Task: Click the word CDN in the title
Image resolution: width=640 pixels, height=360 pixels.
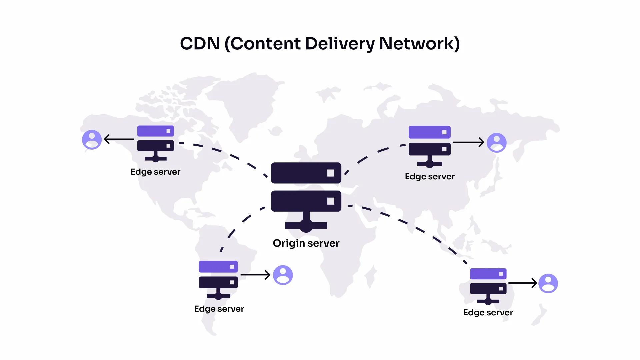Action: click(200, 44)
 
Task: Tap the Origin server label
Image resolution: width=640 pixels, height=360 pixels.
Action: click(306, 243)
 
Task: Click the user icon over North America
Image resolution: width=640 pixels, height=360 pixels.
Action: click(92, 139)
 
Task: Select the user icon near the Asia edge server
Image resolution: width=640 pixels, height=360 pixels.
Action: click(497, 143)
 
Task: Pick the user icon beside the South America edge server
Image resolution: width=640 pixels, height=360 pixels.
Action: click(283, 275)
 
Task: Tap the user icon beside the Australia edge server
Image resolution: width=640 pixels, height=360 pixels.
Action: click(548, 283)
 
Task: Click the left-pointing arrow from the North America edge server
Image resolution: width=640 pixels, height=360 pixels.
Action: click(119, 139)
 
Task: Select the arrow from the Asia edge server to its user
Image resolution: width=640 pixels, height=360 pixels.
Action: click(468, 142)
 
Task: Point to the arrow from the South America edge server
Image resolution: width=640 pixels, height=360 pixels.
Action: click(255, 275)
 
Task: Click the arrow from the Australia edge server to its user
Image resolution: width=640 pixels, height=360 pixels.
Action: click(523, 283)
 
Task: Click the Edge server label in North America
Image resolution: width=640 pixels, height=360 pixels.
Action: click(155, 172)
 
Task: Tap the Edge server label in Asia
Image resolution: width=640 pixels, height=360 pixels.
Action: click(430, 177)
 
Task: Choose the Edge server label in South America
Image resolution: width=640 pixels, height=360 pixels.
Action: click(219, 309)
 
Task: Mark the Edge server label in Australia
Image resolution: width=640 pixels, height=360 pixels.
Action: click(488, 313)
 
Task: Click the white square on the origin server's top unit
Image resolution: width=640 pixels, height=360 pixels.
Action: click(331, 173)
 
